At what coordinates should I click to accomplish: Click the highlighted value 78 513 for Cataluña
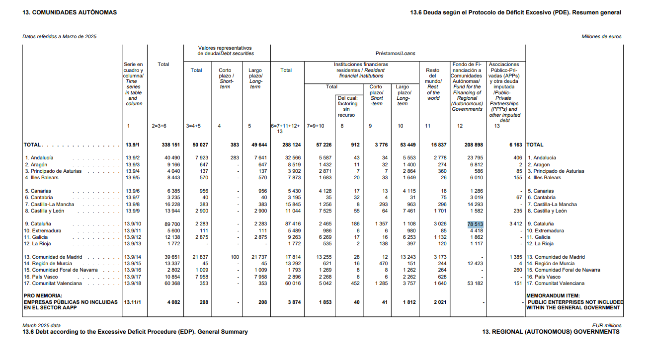475,224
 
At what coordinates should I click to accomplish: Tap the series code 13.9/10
133,224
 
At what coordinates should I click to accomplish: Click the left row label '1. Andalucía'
39,158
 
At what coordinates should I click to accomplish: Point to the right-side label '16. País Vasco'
544,277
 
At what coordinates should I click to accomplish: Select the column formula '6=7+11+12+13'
285,129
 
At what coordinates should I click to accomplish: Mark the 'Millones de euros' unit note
601,37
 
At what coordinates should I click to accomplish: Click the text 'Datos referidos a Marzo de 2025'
60,37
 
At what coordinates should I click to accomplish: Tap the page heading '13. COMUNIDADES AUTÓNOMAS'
70,12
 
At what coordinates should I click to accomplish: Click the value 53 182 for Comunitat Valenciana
475,284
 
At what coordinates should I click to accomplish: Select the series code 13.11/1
133,302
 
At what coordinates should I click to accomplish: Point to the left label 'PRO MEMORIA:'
42,295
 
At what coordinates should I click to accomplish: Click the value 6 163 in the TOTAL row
515,145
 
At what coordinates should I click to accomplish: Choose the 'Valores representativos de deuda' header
226,51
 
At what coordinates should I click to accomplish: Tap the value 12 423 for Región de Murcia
475,264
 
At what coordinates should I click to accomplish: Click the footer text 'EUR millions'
607,326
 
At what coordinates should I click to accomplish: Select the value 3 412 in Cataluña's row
515,224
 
